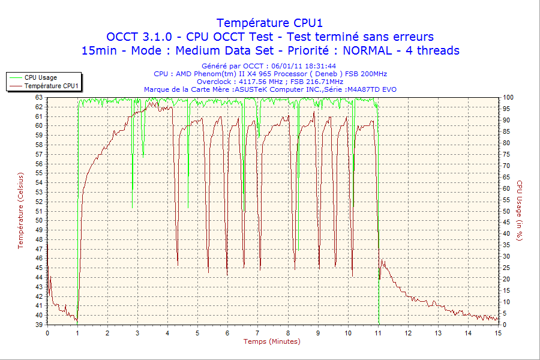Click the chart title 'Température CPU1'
coord(270,23)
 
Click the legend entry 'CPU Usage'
coord(41,77)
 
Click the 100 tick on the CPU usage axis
coord(508,97)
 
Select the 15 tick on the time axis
coord(498,333)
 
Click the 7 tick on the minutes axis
coord(258,333)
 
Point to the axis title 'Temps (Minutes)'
coord(272,341)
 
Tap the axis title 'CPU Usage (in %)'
coord(520,211)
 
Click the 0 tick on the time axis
coord(47,333)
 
